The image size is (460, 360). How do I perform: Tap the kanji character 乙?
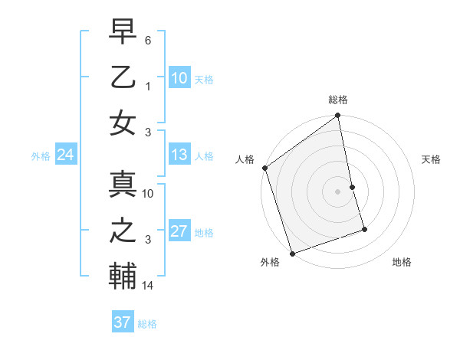123,77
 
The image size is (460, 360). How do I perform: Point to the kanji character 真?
123,185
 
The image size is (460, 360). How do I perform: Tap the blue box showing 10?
179,77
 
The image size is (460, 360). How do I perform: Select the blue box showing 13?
179,155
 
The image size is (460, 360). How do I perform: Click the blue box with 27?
179,231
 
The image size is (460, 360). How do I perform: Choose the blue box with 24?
65,155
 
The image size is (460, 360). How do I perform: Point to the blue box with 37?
123,322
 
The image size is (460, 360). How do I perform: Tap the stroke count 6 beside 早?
148,40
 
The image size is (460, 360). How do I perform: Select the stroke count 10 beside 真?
149,195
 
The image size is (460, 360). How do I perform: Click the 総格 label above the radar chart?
338,100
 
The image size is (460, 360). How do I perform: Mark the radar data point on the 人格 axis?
264,168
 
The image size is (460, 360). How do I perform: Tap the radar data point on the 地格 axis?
364,229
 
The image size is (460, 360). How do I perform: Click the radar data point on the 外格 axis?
292,253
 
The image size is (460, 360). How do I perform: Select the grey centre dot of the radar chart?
338,191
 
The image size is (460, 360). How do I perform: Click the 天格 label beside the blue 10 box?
204,79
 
